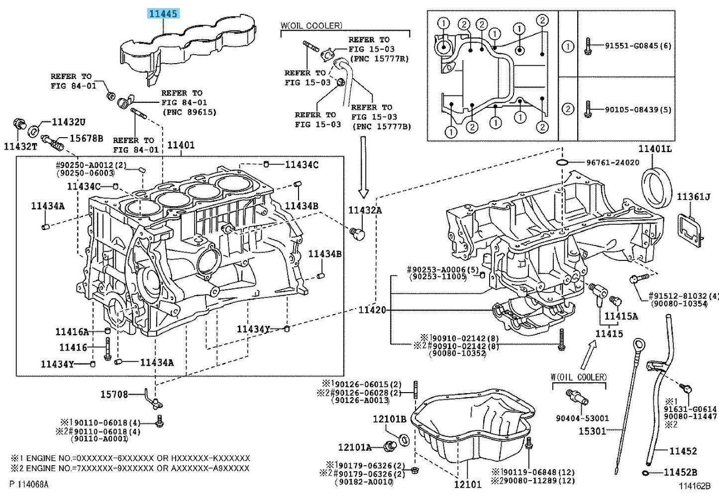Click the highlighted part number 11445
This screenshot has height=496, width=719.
(163, 13)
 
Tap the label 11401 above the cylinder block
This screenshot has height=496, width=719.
(181, 145)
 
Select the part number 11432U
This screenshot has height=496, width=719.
(69, 122)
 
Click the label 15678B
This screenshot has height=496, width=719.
(86, 138)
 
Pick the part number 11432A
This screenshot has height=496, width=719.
(365, 210)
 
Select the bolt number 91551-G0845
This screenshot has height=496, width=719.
(638, 46)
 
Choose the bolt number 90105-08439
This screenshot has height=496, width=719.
(638, 109)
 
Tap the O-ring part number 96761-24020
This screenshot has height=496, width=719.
(613, 163)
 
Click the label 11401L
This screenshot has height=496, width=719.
(655, 149)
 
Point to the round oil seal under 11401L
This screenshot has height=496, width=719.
(656, 187)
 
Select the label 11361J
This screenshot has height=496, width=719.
(693, 197)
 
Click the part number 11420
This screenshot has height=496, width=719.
(372, 310)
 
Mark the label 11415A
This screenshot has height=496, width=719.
(621, 316)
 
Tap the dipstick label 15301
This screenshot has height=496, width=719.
(592, 431)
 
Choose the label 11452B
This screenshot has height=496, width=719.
(680, 472)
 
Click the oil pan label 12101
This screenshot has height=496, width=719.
(468, 484)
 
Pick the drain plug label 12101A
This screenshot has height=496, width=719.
(355, 447)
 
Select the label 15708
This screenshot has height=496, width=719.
(114, 394)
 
